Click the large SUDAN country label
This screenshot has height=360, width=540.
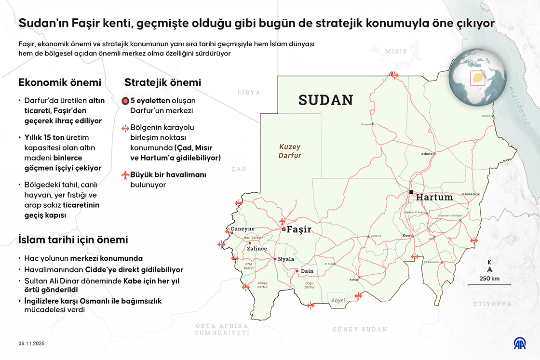click(x=326, y=100)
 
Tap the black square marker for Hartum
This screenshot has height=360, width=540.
click(x=411, y=192)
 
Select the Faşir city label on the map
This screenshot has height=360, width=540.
click(x=299, y=230)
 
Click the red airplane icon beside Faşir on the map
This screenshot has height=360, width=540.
click(x=283, y=221)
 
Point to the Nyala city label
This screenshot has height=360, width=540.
click(x=286, y=259)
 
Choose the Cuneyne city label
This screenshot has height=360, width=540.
click(x=243, y=229)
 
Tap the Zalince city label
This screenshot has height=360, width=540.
click(x=256, y=249)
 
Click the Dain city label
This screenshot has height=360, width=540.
click(x=307, y=271)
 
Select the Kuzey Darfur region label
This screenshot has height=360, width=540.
click(x=290, y=151)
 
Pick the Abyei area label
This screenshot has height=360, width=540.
click(x=338, y=300)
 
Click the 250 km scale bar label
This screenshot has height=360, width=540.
click(x=489, y=279)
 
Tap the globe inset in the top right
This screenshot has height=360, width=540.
click(x=477, y=78)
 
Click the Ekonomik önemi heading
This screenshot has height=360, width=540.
click(x=60, y=82)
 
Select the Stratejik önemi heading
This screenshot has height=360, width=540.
click(x=162, y=82)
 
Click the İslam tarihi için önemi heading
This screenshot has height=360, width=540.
click(x=73, y=240)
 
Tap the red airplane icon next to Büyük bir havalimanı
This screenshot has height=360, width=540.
click(x=126, y=174)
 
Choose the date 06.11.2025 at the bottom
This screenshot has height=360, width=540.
click(x=32, y=343)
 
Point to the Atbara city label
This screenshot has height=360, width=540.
click(x=427, y=154)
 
